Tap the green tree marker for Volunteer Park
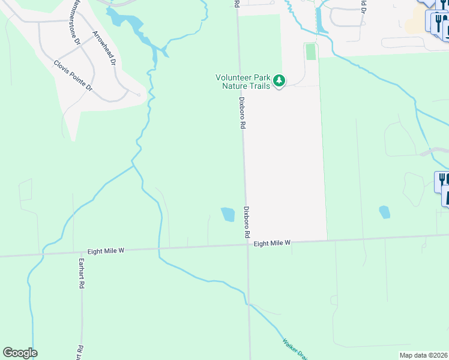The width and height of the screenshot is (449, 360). click(x=279, y=80)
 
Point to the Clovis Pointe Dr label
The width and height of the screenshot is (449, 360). click(x=73, y=75)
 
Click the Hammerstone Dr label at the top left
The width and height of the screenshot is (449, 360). click(x=74, y=24)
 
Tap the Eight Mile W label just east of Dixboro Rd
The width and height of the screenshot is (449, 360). click(x=272, y=243)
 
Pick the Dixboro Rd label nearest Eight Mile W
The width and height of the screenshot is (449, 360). click(x=247, y=222)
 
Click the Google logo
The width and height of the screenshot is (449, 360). click(x=20, y=353)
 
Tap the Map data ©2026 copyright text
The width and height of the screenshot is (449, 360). click(x=424, y=355)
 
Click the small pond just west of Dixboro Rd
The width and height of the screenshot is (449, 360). click(x=228, y=214)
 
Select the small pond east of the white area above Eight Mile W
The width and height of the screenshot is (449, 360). click(x=384, y=212)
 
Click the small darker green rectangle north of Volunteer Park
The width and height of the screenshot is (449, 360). click(x=310, y=52)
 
